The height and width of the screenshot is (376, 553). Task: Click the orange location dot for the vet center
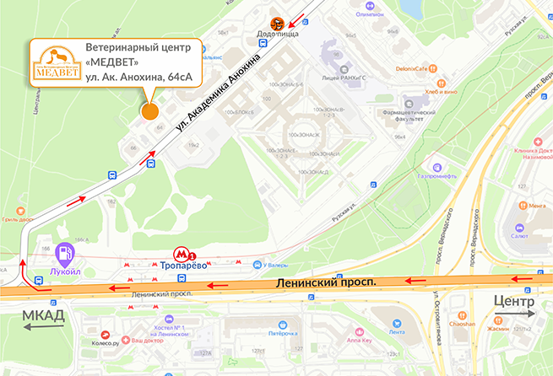click(x=149, y=110)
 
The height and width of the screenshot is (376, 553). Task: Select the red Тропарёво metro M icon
click(x=181, y=253)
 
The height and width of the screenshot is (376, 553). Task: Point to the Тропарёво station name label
click(x=183, y=266)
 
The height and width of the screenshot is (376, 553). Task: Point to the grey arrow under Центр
click(x=513, y=314)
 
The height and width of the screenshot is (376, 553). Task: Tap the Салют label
click(x=519, y=237)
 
